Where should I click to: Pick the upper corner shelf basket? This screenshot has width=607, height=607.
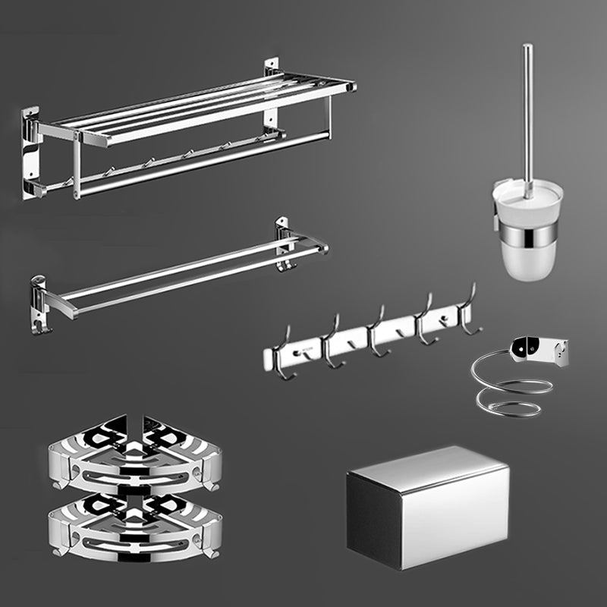(x=135, y=455)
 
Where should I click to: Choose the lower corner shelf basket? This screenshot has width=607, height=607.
(x=135, y=524)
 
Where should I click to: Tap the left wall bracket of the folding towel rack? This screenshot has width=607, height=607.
(x=30, y=152)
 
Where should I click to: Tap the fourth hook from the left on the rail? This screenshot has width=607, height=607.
(x=423, y=320)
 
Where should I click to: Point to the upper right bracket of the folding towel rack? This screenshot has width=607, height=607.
(x=272, y=76)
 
